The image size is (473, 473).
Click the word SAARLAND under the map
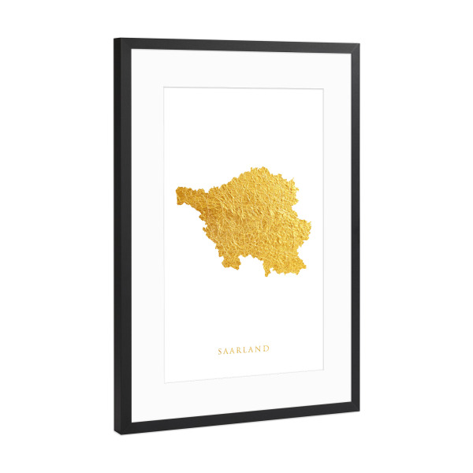coord(244,349)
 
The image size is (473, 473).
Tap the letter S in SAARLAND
coord(220,349)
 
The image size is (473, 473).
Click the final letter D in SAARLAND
coord(267,349)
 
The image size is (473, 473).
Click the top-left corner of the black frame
coord(116,39)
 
